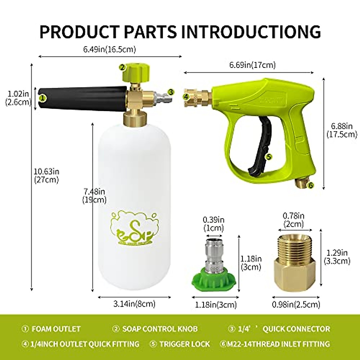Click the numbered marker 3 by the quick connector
(170, 92)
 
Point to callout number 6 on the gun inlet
(310, 186)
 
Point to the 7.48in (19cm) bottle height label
(94, 195)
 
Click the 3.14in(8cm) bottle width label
(134, 304)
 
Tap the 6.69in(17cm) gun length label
(252, 64)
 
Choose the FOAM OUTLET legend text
(56, 329)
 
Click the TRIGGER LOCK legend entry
(184, 344)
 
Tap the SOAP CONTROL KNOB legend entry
(160, 329)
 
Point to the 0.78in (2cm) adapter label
(294, 220)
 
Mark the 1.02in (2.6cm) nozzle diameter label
(18, 97)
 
